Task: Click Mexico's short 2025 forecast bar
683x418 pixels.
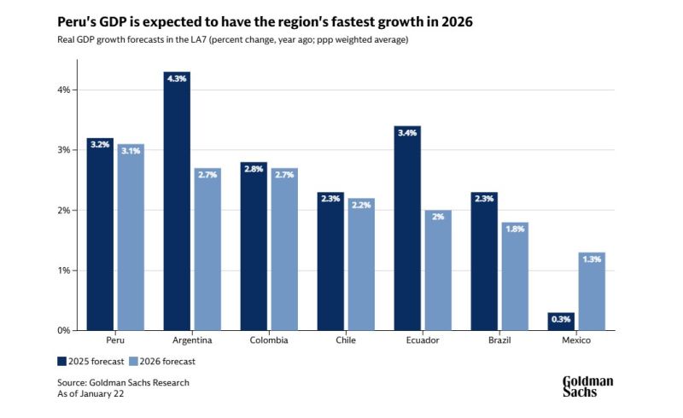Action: point(561,322)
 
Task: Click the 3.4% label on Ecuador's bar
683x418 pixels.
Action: point(407,134)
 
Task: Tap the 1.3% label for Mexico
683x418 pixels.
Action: point(592,260)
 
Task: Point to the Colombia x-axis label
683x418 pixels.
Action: point(269,340)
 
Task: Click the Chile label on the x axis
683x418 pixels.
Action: point(346,340)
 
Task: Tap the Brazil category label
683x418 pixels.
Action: point(499,340)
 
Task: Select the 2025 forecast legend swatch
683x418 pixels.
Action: point(62,360)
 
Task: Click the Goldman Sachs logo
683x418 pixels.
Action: point(587,386)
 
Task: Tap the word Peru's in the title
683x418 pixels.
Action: point(78,21)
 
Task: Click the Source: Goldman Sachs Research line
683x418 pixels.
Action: point(123,382)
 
